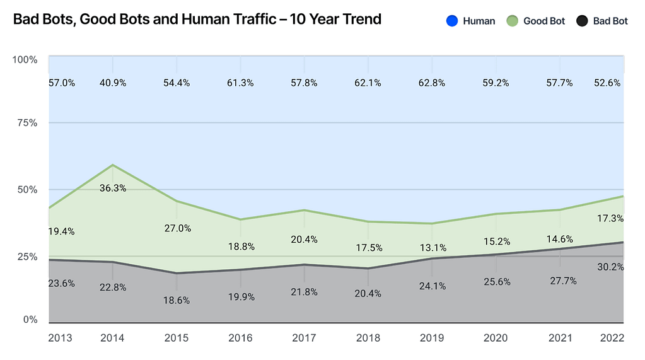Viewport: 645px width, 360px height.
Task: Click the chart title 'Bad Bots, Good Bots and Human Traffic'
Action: pos(197,20)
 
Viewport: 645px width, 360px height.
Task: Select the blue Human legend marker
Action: pos(451,21)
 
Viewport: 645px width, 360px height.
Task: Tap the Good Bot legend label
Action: pos(544,21)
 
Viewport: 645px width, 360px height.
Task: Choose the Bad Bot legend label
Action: pos(610,21)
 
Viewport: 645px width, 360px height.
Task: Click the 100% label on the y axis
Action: pos(25,60)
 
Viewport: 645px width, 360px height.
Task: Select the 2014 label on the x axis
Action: pos(113,339)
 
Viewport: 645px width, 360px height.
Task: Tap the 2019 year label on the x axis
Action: pos(432,339)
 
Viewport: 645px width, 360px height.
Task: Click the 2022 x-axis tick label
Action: pos(612,339)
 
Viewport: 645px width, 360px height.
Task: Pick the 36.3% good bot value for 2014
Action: pos(113,188)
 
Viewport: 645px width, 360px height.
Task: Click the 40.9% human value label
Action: pos(113,83)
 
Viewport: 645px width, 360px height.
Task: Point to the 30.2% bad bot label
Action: pos(610,267)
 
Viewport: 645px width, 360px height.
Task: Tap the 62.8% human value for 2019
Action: pos(432,83)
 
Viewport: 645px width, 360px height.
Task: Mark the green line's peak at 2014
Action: pos(113,165)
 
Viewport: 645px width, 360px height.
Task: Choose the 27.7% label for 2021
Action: pos(560,281)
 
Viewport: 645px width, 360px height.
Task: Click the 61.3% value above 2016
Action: pos(240,83)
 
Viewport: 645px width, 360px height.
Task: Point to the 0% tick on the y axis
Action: pos(30,320)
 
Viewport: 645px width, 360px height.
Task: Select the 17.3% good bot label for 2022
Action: pos(610,219)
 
